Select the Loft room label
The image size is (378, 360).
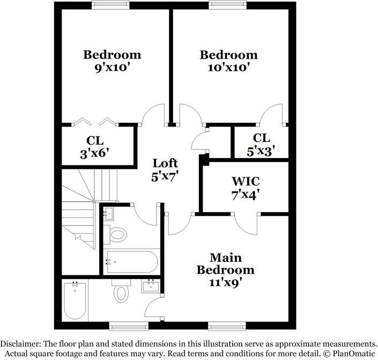click(165, 163)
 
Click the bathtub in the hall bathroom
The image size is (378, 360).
click(131, 262)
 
